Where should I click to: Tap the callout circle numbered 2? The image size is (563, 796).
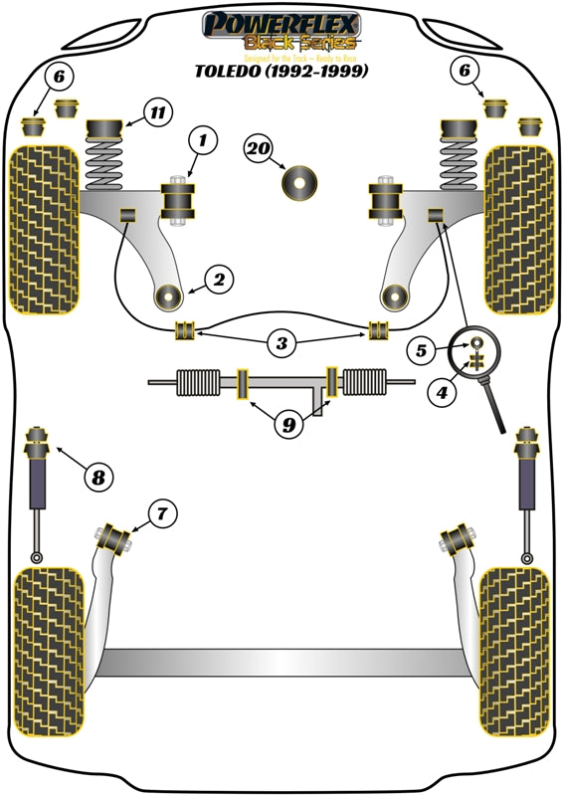click(x=219, y=280)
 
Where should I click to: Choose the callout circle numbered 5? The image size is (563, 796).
click(x=421, y=350)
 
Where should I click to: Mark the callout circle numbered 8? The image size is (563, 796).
click(x=96, y=479)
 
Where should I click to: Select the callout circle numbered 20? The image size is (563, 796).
click(x=258, y=149)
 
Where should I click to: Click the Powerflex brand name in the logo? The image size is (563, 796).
click(x=281, y=22)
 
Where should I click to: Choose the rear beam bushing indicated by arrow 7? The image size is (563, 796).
click(x=116, y=538)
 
